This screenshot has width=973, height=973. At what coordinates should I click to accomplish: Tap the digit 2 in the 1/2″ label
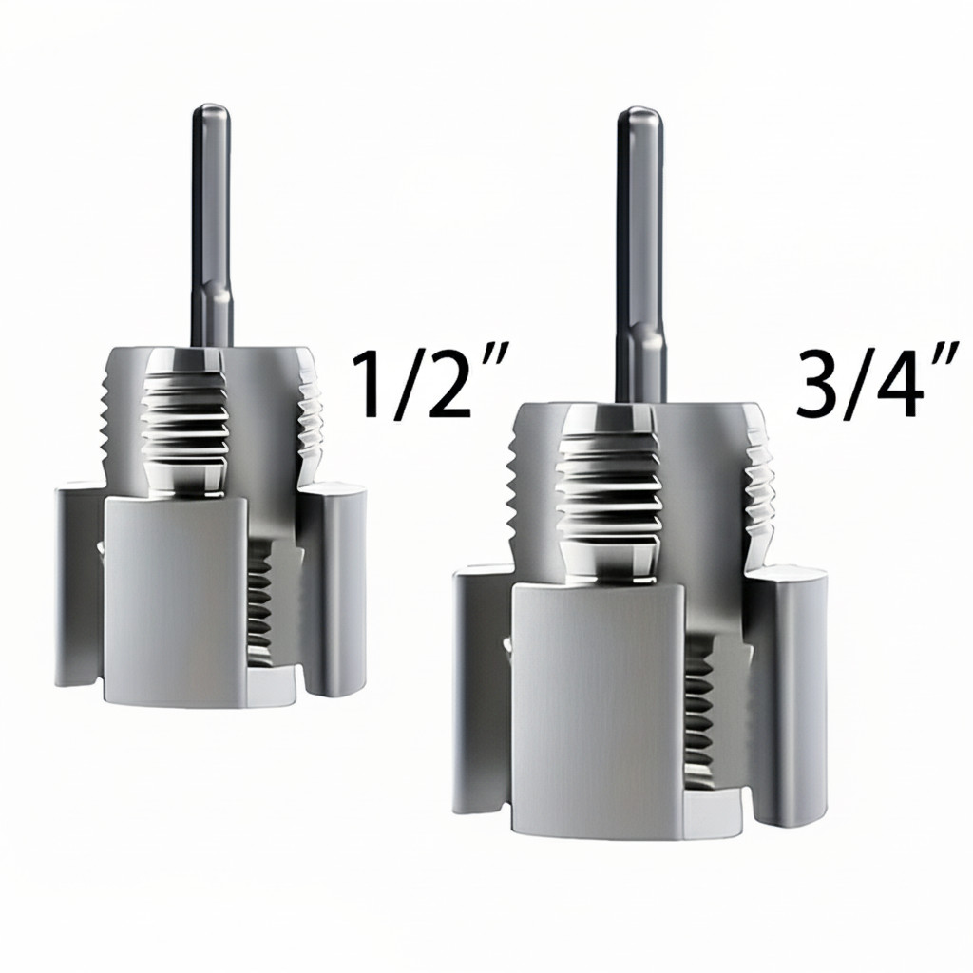[442, 385]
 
